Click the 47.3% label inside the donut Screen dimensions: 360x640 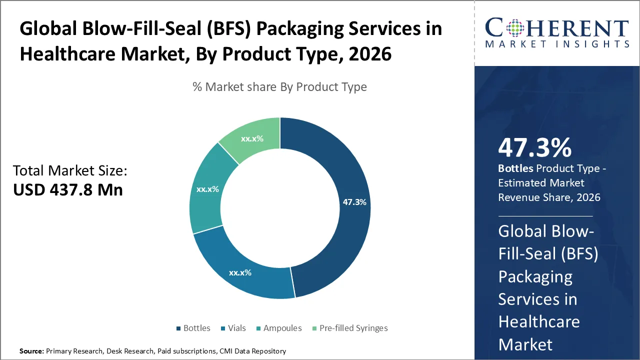pyautogui.click(x=354, y=202)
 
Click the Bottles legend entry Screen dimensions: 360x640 pyautogui.click(x=193, y=328)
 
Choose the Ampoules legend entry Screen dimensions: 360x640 pyautogui.click(x=278, y=328)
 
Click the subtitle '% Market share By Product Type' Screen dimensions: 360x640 pyautogui.click(x=279, y=87)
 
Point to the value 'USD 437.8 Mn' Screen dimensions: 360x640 pyautogui.click(x=68, y=189)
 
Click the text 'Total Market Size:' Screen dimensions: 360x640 pyautogui.click(x=70, y=171)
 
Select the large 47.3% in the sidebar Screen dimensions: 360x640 pyautogui.click(x=534, y=147)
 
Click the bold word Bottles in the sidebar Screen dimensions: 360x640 pyautogui.click(x=515, y=168)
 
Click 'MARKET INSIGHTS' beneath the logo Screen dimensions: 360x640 pyautogui.click(x=557, y=44)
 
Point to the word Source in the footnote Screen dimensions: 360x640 pyautogui.click(x=31, y=351)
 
